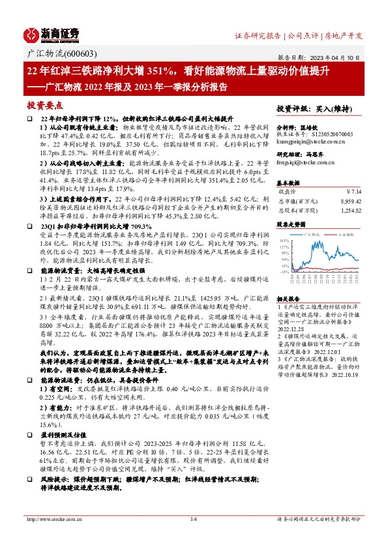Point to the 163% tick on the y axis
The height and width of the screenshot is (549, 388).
(284, 240)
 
